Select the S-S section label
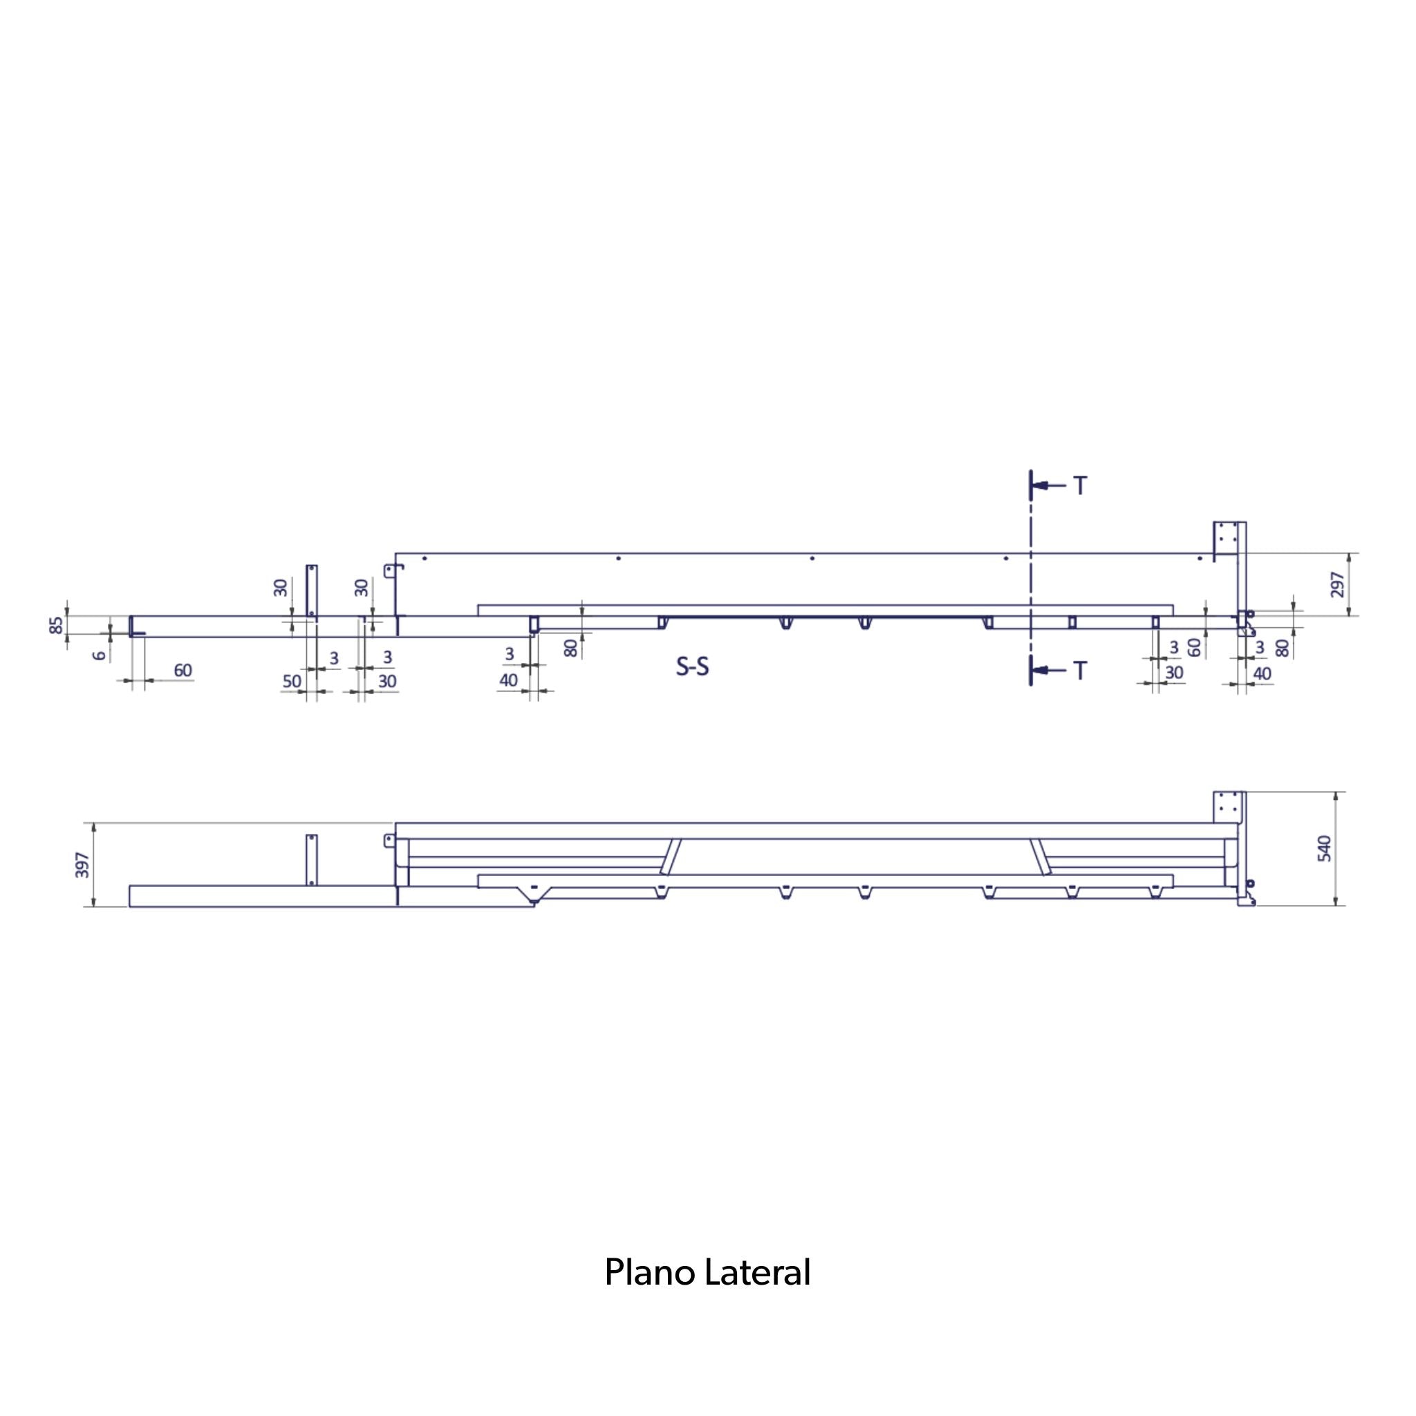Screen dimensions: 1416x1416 693,667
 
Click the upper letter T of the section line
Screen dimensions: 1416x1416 1081,485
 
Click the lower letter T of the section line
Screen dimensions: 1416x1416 1081,670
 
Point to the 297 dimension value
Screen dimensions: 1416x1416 1339,584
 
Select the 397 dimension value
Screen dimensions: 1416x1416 83,865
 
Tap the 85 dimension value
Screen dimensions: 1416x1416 57,625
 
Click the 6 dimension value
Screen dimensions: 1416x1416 100,655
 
